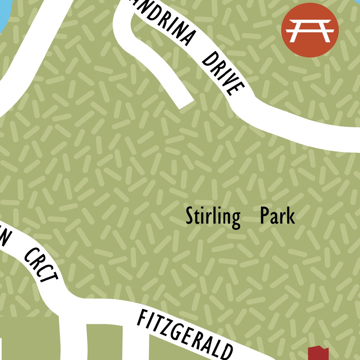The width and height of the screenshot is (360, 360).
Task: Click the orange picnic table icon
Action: point(310,30)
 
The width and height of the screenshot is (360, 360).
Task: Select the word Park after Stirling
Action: point(277,216)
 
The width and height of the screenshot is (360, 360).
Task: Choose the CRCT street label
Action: point(41,266)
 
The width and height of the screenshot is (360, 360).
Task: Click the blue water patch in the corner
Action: point(4,12)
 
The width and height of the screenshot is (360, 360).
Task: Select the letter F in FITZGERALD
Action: point(142,319)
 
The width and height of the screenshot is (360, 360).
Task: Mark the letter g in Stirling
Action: point(235,219)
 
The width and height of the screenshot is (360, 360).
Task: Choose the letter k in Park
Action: point(290,216)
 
